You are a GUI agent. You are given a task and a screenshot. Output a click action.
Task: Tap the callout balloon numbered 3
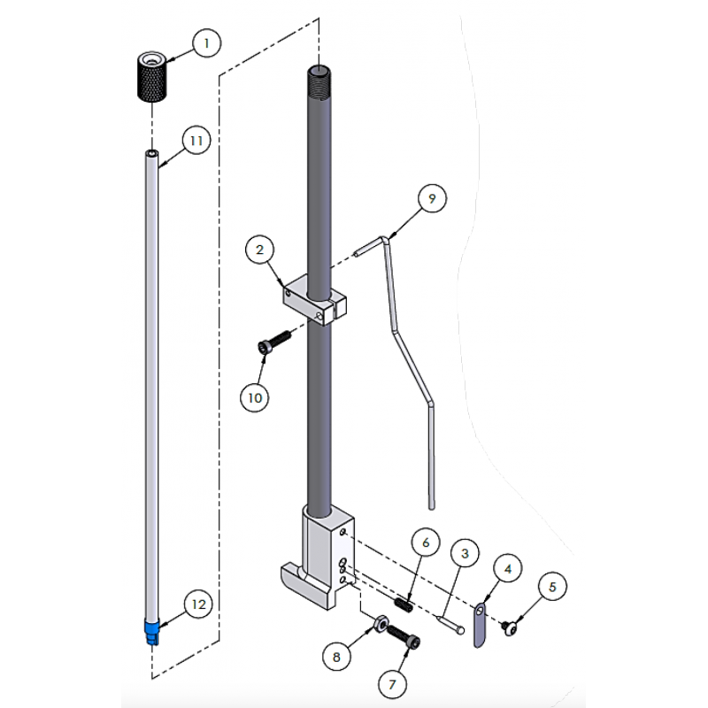[465, 555]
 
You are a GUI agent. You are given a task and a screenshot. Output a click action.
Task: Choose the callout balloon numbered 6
[425, 542]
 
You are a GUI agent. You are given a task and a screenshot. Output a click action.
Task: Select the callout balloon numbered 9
[431, 199]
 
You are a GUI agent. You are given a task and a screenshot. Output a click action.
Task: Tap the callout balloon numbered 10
[255, 398]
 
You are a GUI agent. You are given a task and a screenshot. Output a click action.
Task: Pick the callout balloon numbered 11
[196, 141]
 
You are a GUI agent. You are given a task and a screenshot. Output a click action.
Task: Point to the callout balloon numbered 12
[198, 604]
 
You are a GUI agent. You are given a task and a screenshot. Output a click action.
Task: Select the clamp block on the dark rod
[314, 299]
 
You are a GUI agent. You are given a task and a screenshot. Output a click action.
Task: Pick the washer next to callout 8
[378, 625]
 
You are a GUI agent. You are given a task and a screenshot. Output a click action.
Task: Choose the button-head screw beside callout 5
[510, 627]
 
